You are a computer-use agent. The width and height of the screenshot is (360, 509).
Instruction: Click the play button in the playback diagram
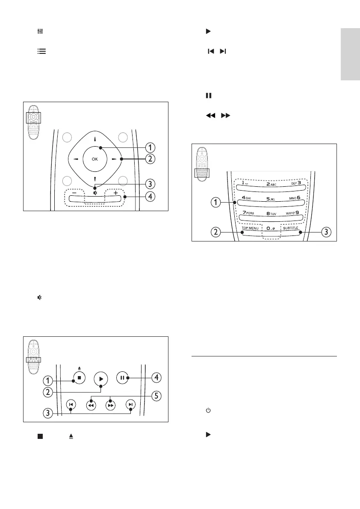pos(101,378)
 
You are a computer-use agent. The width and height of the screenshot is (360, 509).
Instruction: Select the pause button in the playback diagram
pos(122,378)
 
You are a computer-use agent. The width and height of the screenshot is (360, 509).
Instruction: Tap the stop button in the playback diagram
pos(80,378)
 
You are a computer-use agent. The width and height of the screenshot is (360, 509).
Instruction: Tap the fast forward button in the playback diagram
pos(111,405)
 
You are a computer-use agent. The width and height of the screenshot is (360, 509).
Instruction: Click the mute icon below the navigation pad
pos(95,193)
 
